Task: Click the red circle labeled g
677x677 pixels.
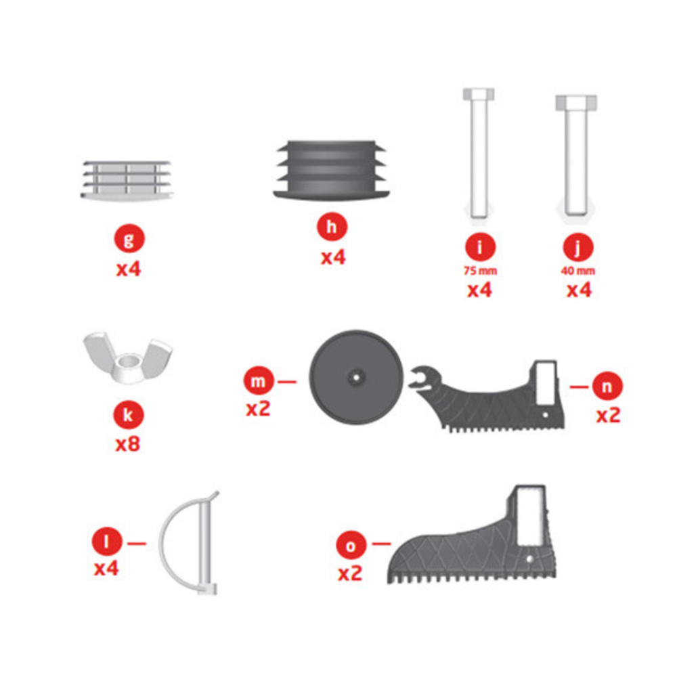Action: [x=129, y=238]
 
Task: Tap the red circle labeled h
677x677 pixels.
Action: [x=332, y=226]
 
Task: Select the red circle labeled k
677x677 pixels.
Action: [x=128, y=414]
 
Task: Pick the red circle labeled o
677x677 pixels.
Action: [x=351, y=545]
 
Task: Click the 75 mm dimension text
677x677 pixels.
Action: [x=480, y=271]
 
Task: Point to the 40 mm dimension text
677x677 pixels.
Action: [x=578, y=271]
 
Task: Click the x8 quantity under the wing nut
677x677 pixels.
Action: [x=128, y=444]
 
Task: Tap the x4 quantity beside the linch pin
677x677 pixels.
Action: [x=106, y=569]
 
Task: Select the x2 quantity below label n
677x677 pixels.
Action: [x=609, y=416]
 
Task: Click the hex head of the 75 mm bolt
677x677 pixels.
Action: [x=479, y=94]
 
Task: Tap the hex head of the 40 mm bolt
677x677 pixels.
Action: [x=576, y=102]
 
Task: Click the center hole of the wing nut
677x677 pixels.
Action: [x=128, y=359]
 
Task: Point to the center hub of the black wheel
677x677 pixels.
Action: [x=356, y=377]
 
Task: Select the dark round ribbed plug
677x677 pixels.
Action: [x=331, y=169]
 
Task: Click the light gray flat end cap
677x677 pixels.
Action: [x=127, y=180]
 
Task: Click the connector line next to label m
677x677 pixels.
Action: [x=286, y=382]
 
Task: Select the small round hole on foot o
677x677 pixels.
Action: [x=529, y=559]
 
